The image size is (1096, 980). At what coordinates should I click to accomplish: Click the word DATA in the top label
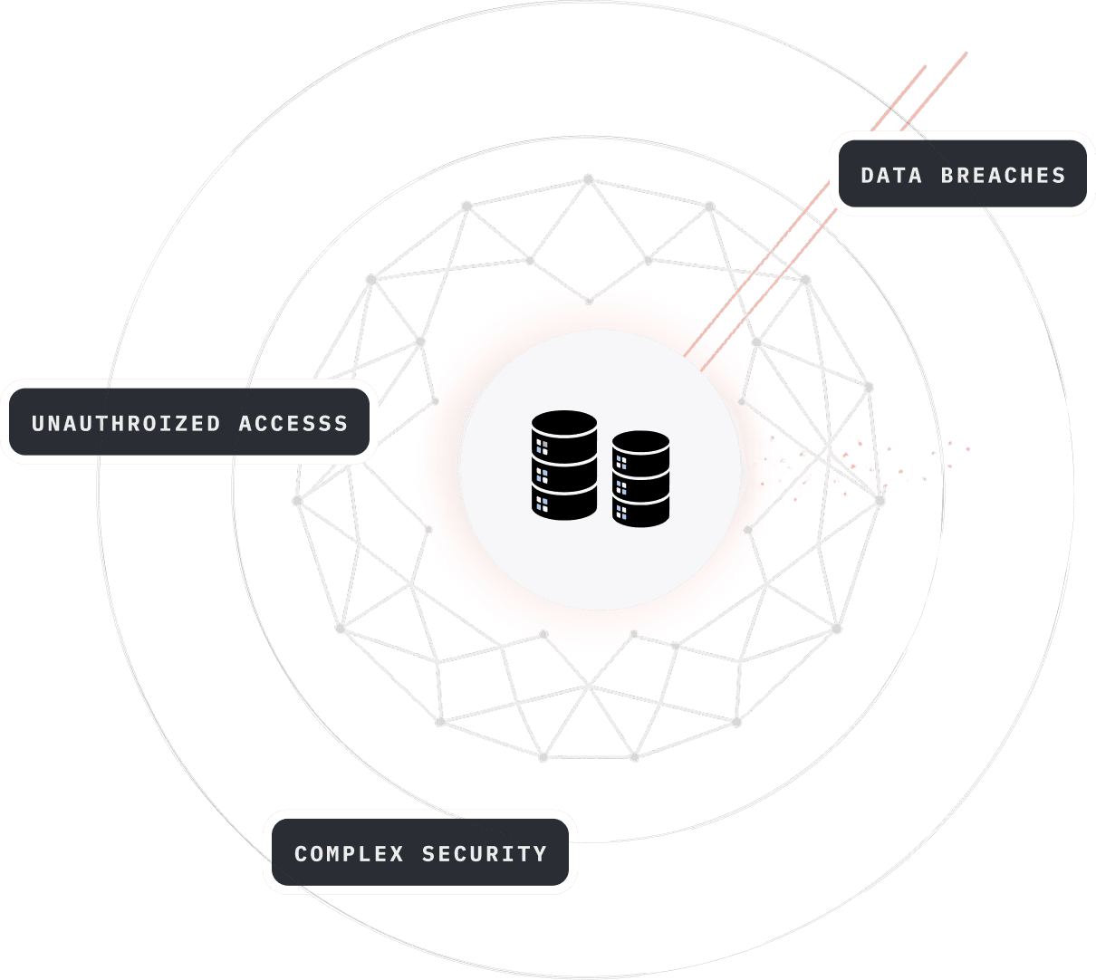[x=891, y=176]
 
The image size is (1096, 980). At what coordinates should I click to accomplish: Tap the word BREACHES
[x=1003, y=176]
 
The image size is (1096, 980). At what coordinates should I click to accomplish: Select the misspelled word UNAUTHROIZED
[x=126, y=423]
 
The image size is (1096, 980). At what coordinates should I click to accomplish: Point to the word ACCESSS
[x=293, y=423]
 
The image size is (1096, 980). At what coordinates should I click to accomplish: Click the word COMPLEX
[x=349, y=853]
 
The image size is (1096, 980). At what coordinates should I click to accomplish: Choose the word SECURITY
[x=484, y=853]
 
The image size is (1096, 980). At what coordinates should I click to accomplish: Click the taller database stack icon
[x=564, y=465]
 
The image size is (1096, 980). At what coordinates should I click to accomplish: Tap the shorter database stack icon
[x=640, y=478]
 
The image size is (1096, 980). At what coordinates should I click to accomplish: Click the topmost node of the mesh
[x=589, y=179]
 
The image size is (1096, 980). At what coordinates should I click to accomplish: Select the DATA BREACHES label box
[x=963, y=174]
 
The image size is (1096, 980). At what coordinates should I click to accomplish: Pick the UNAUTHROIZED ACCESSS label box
[x=189, y=422]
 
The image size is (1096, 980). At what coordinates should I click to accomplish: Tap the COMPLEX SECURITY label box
[x=420, y=852]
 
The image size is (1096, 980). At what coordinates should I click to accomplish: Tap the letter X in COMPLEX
[x=397, y=853]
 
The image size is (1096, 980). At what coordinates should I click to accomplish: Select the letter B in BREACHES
[x=948, y=176]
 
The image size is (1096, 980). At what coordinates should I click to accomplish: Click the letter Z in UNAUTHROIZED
[x=182, y=423]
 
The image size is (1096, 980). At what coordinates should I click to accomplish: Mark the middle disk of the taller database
[x=564, y=471]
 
